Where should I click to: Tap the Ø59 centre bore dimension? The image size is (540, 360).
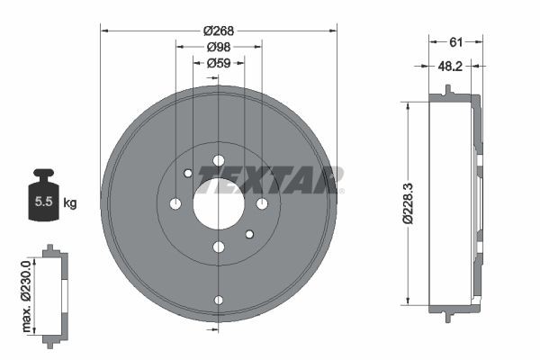(x=219, y=63)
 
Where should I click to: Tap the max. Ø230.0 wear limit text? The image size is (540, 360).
(x=26, y=292)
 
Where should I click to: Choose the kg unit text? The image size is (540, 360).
(x=69, y=202)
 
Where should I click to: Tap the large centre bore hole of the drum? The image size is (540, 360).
(x=219, y=203)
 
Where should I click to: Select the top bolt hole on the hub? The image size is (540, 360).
(x=219, y=161)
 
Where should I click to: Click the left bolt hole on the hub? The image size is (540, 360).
(x=175, y=204)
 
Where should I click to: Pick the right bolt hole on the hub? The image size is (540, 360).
(x=262, y=204)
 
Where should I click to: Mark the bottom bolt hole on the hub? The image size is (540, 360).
(x=219, y=247)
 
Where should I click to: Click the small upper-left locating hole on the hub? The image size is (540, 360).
(x=187, y=174)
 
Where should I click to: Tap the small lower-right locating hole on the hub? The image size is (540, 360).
(x=249, y=234)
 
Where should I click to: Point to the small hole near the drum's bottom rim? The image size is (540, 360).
(x=219, y=300)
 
